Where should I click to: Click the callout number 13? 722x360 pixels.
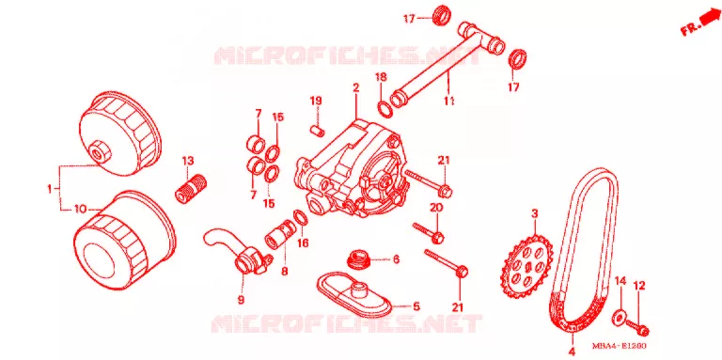pyautogui.click(x=188, y=161)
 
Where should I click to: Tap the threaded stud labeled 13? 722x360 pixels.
pyautogui.click(x=191, y=186)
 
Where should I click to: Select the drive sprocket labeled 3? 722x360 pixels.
pyautogui.click(x=526, y=266)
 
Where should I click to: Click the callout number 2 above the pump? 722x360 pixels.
pyautogui.click(x=356, y=86)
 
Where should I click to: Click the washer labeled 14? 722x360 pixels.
pyautogui.click(x=619, y=318)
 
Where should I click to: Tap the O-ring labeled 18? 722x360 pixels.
pyautogui.click(x=385, y=109)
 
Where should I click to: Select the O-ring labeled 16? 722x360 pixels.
pyautogui.click(x=299, y=218)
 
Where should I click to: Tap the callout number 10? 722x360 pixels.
pyautogui.click(x=81, y=210)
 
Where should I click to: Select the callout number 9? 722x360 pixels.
pyautogui.click(x=241, y=300)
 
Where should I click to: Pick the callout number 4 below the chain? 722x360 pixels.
pyautogui.click(x=572, y=352)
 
